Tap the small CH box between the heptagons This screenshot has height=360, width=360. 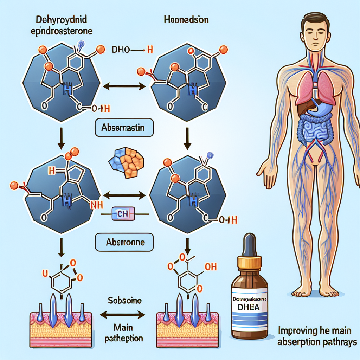point(124,214)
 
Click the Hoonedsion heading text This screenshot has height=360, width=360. point(186,20)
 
